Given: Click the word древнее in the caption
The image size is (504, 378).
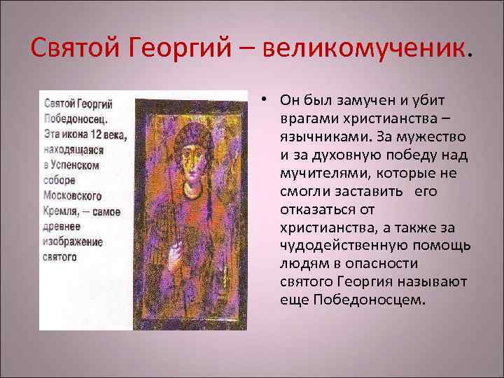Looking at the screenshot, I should click(62, 226).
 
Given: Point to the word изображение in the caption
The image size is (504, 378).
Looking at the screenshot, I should click(73, 241).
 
